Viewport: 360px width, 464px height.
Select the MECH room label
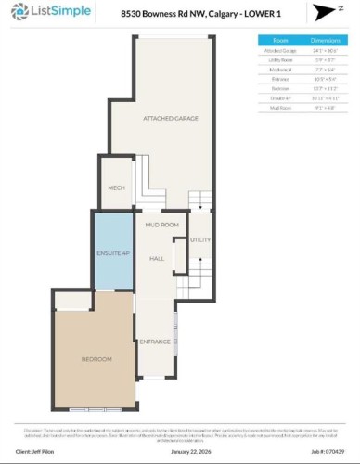116,187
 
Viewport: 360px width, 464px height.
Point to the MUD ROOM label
161,226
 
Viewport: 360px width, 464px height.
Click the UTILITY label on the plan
200,240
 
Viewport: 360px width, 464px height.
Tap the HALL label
157,258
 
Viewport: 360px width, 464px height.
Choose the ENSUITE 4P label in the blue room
112,252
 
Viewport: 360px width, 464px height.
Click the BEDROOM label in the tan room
96,359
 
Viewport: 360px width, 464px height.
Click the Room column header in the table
280,41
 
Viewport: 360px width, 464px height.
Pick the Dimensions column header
325,41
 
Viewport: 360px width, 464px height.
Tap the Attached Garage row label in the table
280,51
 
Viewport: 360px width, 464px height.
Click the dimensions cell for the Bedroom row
325,87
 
